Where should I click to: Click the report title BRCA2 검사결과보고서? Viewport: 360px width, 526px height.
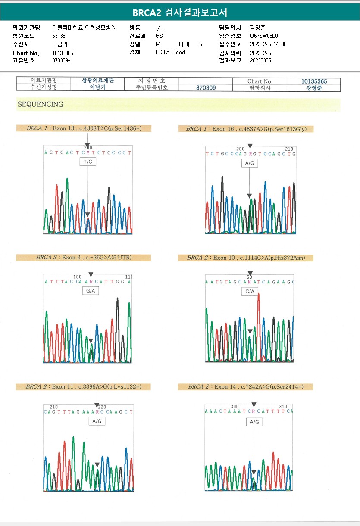click(180, 12)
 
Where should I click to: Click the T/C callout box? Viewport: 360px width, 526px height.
click(88, 162)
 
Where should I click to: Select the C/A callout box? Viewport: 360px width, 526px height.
click(250, 292)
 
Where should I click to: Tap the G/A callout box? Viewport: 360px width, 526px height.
click(91, 291)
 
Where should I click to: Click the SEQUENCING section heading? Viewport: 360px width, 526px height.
click(41, 104)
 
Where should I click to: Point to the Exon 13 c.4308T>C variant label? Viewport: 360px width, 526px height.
click(84, 128)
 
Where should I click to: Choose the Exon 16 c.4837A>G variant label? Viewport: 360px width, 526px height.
click(246, 129)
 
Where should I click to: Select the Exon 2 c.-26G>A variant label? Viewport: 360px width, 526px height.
click(84, 258)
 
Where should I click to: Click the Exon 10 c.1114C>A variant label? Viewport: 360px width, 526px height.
click(246, 258)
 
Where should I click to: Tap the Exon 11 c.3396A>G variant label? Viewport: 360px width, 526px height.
click(84, 387)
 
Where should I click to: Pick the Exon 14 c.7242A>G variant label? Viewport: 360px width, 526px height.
click(246, 387)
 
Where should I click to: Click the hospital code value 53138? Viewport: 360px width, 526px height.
click(59, 36)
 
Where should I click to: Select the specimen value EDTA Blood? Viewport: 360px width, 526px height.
click(170, 52)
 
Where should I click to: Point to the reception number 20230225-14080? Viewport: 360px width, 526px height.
click(268, 44)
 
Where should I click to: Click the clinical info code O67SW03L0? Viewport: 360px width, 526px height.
click(264, 36)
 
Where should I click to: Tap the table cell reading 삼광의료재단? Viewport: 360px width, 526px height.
click(98, 81)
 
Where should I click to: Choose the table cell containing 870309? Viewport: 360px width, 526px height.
click(206, 87)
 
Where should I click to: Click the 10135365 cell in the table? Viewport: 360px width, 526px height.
click(314, 81)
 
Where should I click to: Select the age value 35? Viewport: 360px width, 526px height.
click(199, 44)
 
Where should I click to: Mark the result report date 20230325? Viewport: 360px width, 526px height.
click(260, 60)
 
